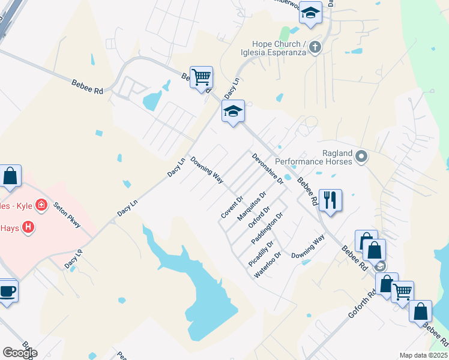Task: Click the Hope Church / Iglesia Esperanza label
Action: point(279,48)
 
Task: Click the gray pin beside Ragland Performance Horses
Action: point(361,157)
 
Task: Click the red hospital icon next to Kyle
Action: point(41,205)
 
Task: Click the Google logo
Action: point(20,352)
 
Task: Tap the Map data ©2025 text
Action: point(424,355)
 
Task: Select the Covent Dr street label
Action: point(232,206)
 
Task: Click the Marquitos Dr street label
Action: point(251,206)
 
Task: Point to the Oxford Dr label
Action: point(259,217)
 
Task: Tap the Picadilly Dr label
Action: point(261,254)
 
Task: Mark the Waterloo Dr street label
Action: point(268,264)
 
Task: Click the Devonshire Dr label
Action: point(268,168)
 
